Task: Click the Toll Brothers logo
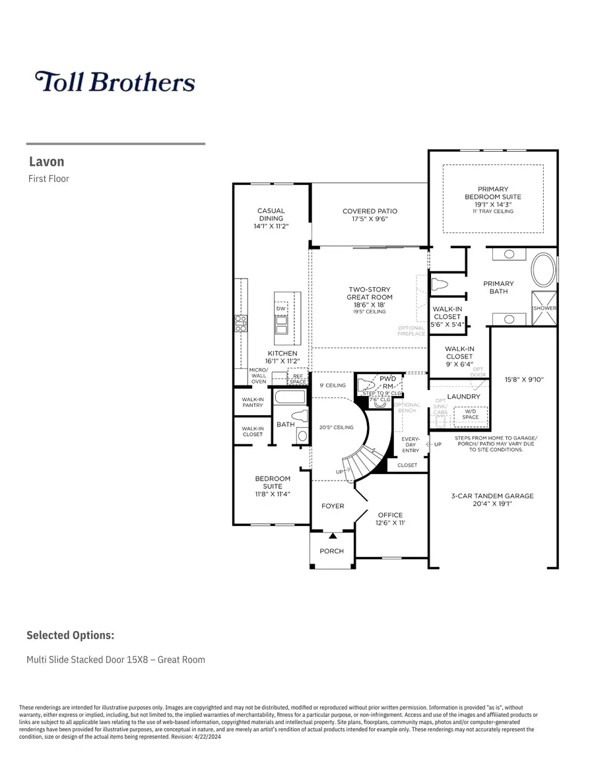115,82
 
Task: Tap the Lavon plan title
46,162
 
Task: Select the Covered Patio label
370,211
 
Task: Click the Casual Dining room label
271,215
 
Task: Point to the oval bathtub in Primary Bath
544,270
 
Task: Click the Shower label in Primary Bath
544,309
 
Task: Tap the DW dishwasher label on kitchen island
280,308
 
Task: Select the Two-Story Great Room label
370,293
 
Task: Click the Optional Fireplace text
411,331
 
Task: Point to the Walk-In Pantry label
252,402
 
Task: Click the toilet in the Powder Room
365,385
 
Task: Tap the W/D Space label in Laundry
471,414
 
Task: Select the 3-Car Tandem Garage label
493,496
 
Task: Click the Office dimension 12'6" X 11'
390,523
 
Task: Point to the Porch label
332,551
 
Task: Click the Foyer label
333,506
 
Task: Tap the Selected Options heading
70,635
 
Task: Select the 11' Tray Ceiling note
493,211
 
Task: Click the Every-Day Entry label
410,445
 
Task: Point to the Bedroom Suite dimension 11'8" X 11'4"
273,494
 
